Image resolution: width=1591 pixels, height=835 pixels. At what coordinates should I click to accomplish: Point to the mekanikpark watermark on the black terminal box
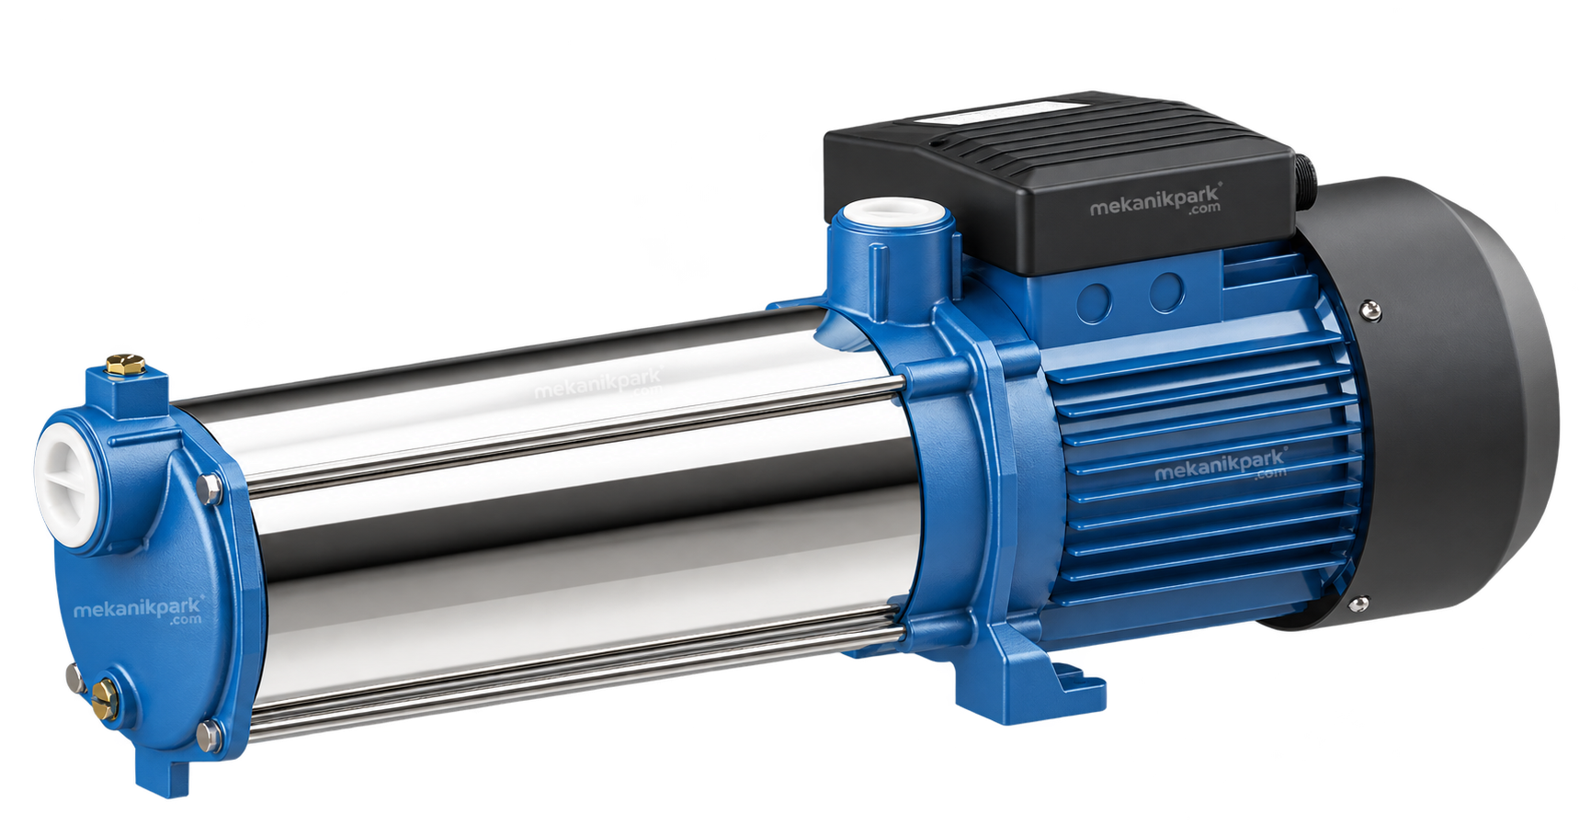tap(1155, 201)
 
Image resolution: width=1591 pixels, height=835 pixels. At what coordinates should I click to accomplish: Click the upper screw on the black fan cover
tap(1371, 310)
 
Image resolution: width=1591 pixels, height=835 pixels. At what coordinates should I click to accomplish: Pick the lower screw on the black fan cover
tap(1358, 604)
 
